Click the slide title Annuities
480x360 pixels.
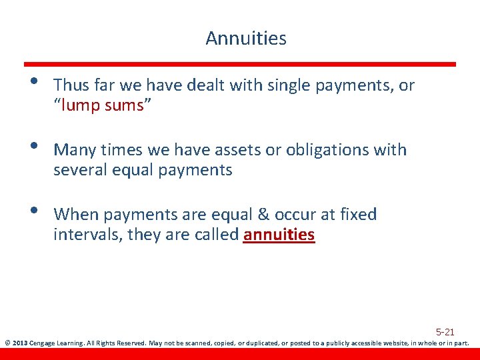tap(246, 39)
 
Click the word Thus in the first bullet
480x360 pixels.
tap(69, 85)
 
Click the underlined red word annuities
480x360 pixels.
tap(279, 235)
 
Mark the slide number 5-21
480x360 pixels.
tap(445, 331)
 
